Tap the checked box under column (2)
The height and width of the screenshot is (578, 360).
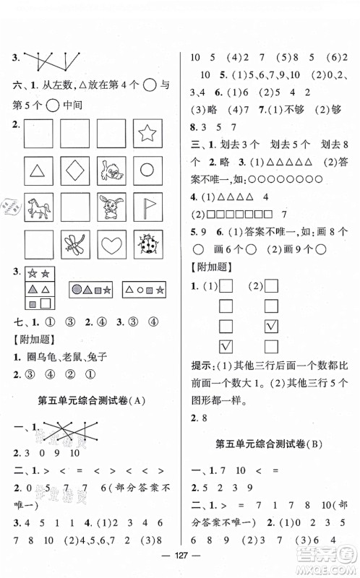272,326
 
